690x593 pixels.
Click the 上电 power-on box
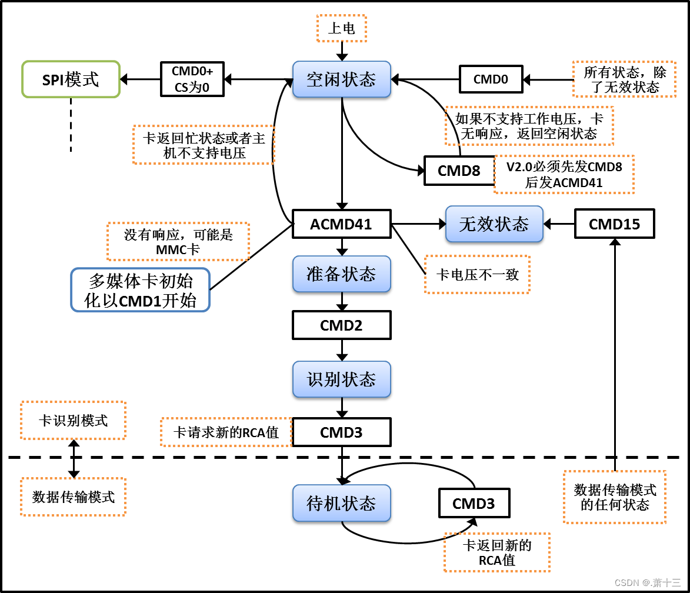point(341,28)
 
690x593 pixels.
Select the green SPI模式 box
point(71,79)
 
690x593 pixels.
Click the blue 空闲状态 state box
point(341,79)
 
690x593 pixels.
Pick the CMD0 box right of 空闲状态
point(491,79)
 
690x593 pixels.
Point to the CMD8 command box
point(459,171)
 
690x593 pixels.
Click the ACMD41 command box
point(341,224)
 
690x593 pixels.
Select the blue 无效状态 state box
point(494,224)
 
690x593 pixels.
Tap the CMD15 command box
point(614,224)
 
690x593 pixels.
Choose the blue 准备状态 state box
point(341,274)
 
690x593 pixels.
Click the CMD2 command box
point(341,325)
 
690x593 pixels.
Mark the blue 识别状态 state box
point(341,379)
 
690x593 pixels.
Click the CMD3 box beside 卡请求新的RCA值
point(341,432)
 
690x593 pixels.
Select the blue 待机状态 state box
point(341,504)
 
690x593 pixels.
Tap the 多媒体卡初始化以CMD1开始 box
point(140,290)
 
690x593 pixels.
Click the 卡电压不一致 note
point(477,274)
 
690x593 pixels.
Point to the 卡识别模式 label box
point(73,421)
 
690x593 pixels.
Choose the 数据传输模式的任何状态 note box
point(615,497)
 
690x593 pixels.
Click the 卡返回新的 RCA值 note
point(497,552)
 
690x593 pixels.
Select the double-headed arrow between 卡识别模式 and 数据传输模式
point(74,458)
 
